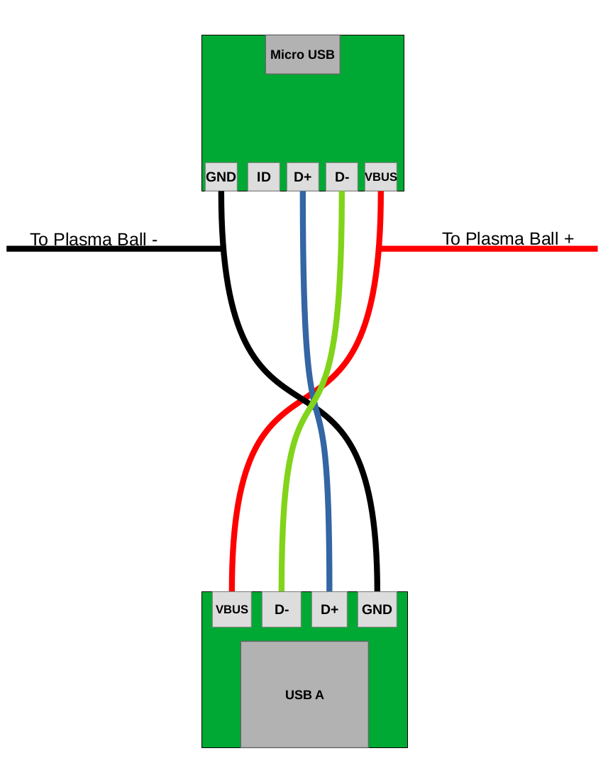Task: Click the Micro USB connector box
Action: coord(302,55)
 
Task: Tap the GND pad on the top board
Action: coord(221,177)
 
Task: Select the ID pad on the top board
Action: coord(263,177)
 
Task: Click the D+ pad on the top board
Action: coord(302,177)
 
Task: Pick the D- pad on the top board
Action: coord(341,177)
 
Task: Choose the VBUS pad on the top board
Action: coord(380,177)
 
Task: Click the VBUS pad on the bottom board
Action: coord(231,609)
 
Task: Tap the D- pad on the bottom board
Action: coord(281,609)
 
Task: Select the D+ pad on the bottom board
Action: coord(329,609)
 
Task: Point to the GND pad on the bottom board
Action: coord(377,609)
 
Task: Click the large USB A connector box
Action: coord(304,694)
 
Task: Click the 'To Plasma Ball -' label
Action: coord(94,239)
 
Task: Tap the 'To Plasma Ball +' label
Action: coord(508,238)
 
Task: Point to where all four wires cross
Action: coord(312,399)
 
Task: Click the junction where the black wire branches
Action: coord(222,248)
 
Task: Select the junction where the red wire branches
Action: coord(381,248)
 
